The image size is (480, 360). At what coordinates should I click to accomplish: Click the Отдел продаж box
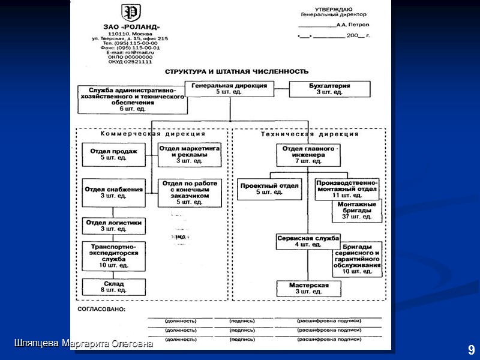[114, 154]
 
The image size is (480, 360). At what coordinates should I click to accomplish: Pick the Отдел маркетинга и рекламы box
[189, 154]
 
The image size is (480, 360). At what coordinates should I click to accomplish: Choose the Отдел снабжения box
[114, 192]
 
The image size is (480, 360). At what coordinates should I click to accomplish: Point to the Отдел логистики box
[114, 226]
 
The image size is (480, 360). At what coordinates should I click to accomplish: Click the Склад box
[114, 286]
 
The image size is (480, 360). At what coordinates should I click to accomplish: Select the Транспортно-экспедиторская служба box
[114, 256]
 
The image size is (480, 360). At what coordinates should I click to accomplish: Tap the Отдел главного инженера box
[308, 154]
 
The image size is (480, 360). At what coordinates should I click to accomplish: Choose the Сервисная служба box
[308, 241]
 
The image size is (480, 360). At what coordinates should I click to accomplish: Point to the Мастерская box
[308, 288]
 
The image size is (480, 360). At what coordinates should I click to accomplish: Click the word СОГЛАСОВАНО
[101, 310]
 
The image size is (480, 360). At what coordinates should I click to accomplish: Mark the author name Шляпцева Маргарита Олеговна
[84, 344]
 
